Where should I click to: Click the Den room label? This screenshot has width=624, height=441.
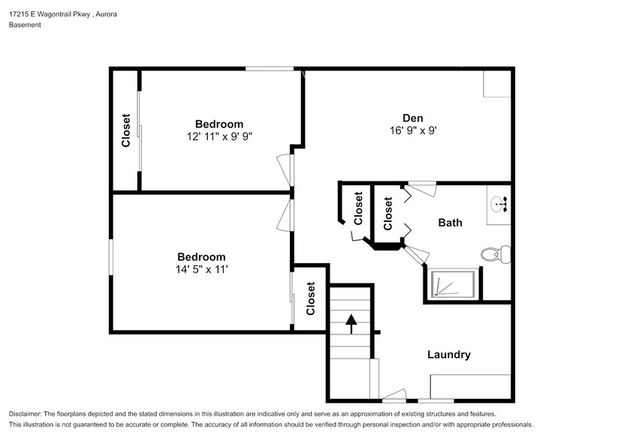point(412,118)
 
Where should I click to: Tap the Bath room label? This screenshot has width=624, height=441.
point(450,223)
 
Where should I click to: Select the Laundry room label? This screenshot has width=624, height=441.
point(448,355)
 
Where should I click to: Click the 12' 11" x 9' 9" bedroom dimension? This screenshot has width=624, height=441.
point(219,136)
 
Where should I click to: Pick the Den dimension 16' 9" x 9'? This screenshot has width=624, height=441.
point(412,130)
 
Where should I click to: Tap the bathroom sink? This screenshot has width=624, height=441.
point(499,202)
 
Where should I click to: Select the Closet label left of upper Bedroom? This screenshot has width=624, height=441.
point(126,130)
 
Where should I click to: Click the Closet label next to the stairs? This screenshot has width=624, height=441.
point(311,298)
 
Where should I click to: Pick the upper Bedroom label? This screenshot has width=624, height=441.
point(219,124)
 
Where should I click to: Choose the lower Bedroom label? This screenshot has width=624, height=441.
point(200,256)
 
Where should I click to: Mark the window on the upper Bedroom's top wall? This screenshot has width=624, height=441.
point(269,69)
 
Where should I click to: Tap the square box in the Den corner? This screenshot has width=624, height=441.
point(497,84)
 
